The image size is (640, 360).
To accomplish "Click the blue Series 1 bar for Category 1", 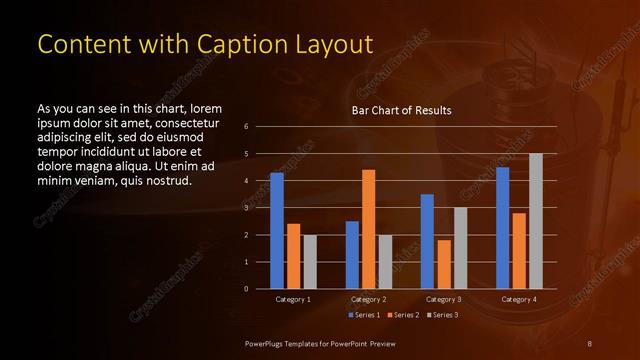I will point(277,231).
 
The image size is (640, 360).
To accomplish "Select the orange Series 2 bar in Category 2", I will point(368,229).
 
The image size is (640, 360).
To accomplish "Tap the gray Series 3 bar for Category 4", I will point(535,221).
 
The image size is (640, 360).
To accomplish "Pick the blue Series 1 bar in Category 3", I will point(427,241).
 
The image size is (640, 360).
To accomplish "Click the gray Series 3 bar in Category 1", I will point(310,262).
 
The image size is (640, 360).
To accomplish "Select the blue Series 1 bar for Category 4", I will point(502,228).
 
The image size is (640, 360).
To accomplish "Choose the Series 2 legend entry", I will point(402,315).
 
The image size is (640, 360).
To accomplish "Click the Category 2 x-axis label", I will point(368,299).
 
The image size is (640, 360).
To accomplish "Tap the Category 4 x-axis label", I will point(518,299).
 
